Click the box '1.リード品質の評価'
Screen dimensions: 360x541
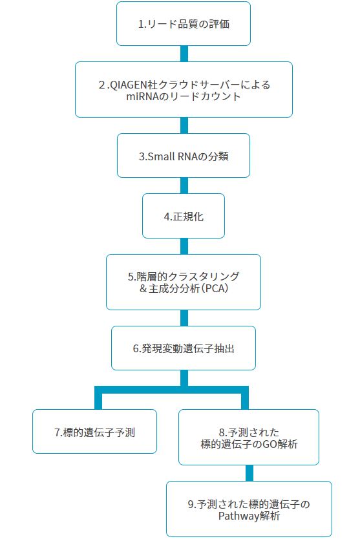(184, 23)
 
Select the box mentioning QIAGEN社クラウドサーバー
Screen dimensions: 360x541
(184, 89)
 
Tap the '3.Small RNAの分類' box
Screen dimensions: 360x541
(184, 156)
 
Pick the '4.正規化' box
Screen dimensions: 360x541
(184, 216)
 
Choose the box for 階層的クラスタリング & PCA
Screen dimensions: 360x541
(184, 282)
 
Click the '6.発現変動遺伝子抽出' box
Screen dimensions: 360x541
(184, 348)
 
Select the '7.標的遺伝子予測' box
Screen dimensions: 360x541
(94, 432)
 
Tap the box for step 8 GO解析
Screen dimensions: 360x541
(249, 437)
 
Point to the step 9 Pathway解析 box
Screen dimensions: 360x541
(249, 509)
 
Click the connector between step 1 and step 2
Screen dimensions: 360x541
(184, 54)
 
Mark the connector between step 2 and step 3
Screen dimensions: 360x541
(184, 125)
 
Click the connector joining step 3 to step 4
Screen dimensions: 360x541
(184, 186)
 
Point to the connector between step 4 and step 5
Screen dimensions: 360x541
(184, 246)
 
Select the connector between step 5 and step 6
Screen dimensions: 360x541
(184, 318)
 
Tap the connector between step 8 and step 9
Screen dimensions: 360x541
(249, 473)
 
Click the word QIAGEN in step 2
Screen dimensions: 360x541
(128, 85)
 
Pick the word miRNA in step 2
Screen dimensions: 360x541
(141, 96)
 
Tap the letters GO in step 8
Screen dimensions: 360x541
(270, 443)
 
